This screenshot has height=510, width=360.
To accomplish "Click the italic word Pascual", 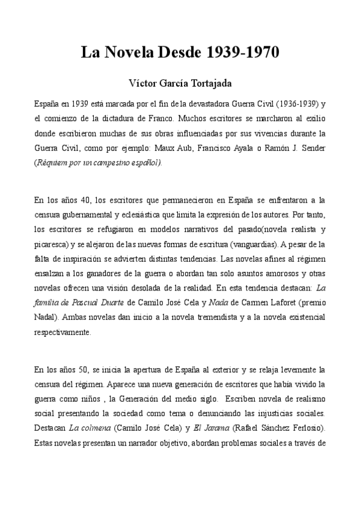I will (x=88, y=303).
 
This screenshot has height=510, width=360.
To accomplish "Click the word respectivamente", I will (x=63, y=331).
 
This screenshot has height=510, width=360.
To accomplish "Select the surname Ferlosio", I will (x=305, y=428).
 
